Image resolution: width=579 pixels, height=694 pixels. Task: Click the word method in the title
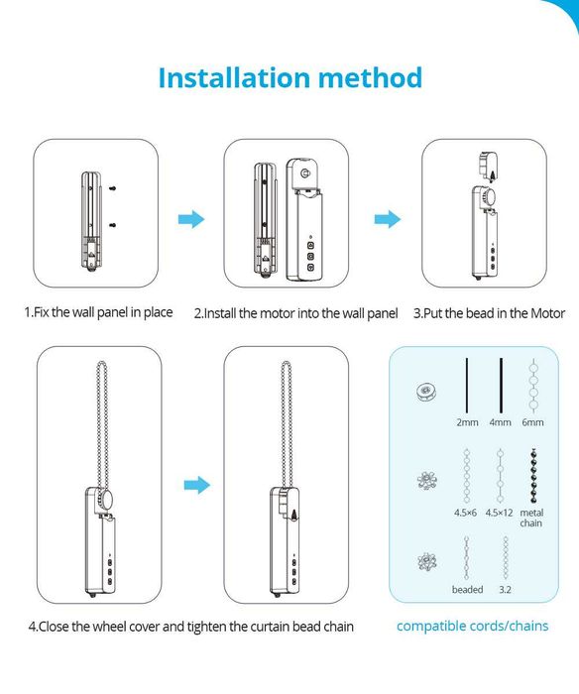(371, 78)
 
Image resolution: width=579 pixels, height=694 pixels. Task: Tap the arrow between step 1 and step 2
(191, 219)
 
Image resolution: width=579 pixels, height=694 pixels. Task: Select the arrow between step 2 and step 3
(388, 219)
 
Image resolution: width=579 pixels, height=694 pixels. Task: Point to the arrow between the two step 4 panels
(197, 485)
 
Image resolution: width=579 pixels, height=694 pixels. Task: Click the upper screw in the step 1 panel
(112, 188)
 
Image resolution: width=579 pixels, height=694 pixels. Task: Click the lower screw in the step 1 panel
(112, 226)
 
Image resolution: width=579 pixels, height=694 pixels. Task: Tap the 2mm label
(467, 422)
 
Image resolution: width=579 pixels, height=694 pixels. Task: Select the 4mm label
(501, 422)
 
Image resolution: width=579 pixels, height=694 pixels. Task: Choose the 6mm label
(533, 422)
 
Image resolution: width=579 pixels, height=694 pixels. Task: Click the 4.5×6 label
(465, 513)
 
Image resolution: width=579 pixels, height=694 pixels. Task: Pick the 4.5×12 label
(499, 513)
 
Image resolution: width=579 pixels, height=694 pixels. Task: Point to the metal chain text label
(531, 518)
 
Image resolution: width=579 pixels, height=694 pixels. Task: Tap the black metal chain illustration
(534, 476)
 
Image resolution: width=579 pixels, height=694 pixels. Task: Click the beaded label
(467, 590)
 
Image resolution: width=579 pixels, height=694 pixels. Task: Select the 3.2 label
(505, 590)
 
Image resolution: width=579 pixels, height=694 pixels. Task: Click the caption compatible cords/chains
(472, 626)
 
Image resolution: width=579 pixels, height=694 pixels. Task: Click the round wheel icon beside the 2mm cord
(427, 392)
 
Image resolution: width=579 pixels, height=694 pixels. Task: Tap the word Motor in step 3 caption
(548, 313)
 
